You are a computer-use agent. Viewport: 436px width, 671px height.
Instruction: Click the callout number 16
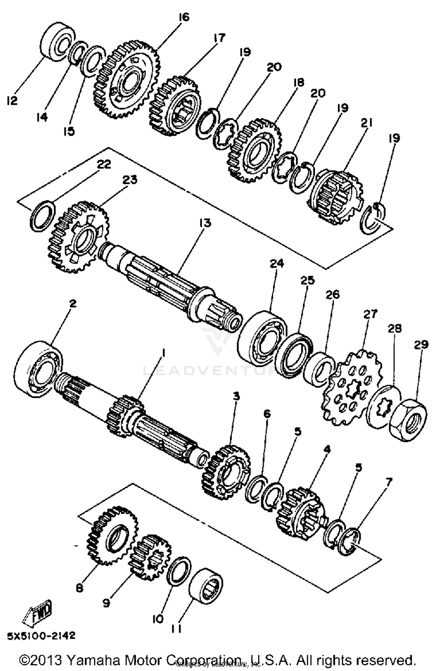184,17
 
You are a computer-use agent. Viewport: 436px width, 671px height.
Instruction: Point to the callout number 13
205,223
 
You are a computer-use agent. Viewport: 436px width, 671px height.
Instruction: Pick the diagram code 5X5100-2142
41,636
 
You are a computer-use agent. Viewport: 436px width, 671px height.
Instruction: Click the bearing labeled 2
39,368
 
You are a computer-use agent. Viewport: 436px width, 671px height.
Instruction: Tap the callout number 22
104,164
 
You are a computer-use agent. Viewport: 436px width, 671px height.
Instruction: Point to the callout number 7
389,483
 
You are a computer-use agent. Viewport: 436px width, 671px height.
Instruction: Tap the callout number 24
277,264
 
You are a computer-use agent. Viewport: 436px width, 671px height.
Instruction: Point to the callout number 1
163,353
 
